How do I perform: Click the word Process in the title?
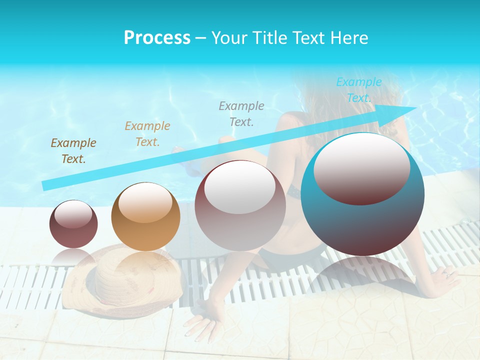pos(157,38)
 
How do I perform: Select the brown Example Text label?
pos(73,151)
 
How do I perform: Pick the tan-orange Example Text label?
pos(147,134)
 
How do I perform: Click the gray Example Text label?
pos(241,113)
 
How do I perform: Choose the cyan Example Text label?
pos(359,90)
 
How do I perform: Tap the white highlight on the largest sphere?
pos(361,167)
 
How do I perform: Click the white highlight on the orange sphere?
pos(145,201)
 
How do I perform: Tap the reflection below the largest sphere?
pos(362,272)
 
